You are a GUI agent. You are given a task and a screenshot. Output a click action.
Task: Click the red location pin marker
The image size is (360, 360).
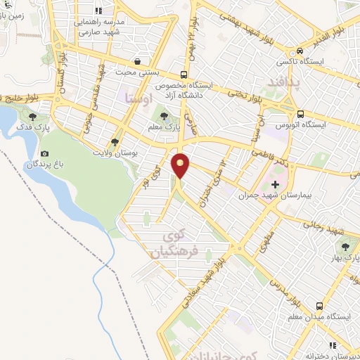tap(181, 165)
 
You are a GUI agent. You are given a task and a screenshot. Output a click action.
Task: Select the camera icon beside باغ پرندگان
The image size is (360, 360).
tap(46, 153)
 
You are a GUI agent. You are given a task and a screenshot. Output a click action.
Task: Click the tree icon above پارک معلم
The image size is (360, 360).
tap(165, 115)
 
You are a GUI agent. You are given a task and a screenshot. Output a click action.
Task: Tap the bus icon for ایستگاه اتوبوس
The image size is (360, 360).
tap(300, 115)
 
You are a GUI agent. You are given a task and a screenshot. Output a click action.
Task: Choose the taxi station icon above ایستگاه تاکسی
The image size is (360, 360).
tap(300, 51)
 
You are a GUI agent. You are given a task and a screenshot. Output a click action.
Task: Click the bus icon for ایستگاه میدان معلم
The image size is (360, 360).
tap(319, 307)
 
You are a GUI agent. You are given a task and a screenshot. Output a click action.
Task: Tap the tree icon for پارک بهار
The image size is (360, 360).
tap(345, 247)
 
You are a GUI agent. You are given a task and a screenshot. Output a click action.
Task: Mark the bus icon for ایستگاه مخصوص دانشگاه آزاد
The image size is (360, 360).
tap(184, 75)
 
